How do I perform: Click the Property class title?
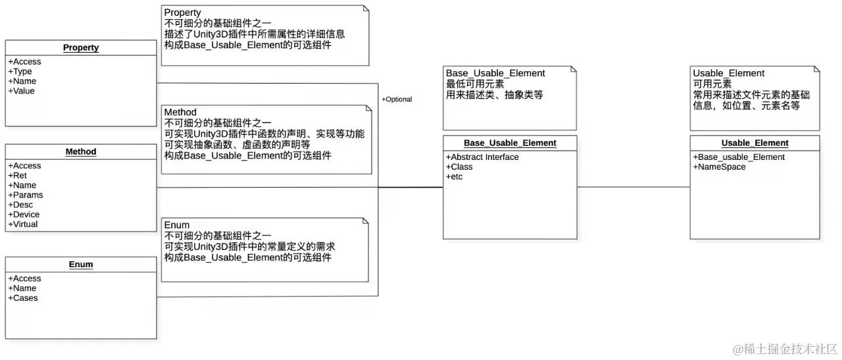pyautogui.click(x=81, y=47)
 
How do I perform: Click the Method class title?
pyautogui.click(x=81, y=151)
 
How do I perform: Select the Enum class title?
pyautogui.click(x=81, y=265)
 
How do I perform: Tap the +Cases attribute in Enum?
pyautogui.click(x=23, y=297)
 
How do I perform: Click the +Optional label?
pyautogui.click(x=397, y=99)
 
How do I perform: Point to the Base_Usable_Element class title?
pyautogui.click(x=510, y=143)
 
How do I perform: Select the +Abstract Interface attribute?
pyautogui.click(x=482, y=157)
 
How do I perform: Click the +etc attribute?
pyautogui.click(x=454, y=176)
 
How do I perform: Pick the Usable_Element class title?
pyautogui.click(x=755, y=143)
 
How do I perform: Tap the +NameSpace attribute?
pyautogui.click(x=719, y=167)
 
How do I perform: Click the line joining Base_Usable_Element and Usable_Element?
pyautogui.click(x=633, y=187)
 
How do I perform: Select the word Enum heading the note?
pyautogui.click(x=176, y=225)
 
